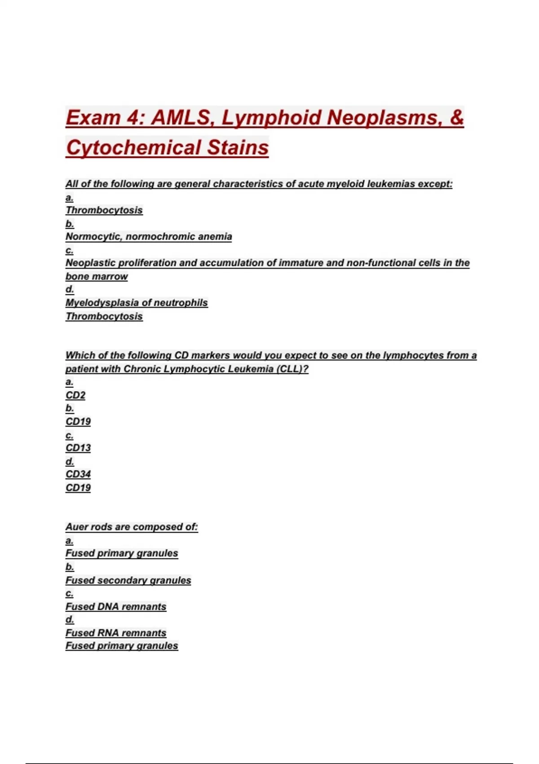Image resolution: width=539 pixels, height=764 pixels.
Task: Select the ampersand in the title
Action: (x=456, y=118)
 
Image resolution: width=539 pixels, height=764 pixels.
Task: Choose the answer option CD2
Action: (x=75, y=395)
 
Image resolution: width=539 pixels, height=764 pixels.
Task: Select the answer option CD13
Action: (x=78, y=448)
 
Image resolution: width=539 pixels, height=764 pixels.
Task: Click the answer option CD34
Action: (x=78, y=474)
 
